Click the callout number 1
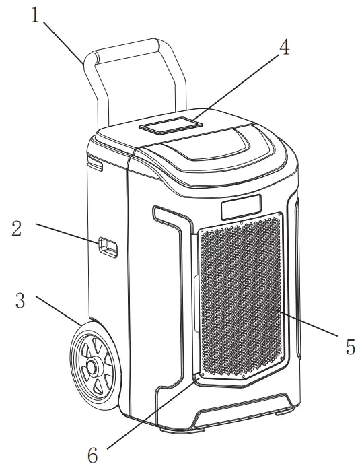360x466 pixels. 35,15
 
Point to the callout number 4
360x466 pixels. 285,49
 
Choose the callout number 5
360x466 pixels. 350,347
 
